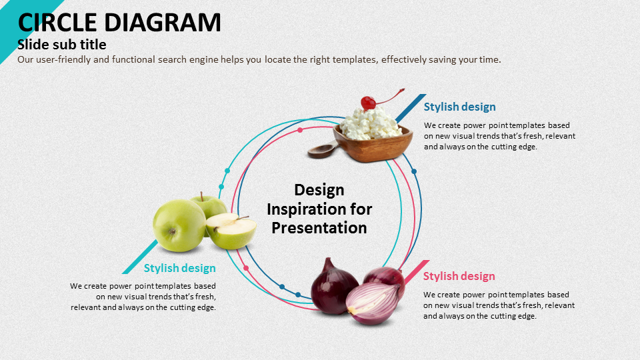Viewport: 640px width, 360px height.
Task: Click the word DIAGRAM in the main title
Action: [163, 22]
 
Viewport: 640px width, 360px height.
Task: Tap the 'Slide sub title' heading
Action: [61, 44]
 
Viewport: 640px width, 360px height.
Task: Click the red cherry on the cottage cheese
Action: [368, 103]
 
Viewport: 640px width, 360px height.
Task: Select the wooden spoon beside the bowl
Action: [323, 150]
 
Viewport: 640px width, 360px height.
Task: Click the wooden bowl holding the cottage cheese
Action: [372, 145]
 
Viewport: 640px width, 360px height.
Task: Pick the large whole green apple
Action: [179, 225]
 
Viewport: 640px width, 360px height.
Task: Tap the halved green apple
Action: [231, 231]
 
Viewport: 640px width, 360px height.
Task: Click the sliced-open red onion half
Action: [372, 304]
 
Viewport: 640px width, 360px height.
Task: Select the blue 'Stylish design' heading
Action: [459, 107]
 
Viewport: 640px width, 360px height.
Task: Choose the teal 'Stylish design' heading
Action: [179, 268]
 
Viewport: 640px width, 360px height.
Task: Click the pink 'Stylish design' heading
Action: [459, 276]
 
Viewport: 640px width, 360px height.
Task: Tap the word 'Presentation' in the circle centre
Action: [319, 228]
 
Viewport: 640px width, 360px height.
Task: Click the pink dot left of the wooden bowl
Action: [300, 130]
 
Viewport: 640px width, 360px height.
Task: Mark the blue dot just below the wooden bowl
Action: [414, 171]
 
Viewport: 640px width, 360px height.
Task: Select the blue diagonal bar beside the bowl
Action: [411, 108]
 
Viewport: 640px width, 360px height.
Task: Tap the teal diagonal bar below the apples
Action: [139, 257]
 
